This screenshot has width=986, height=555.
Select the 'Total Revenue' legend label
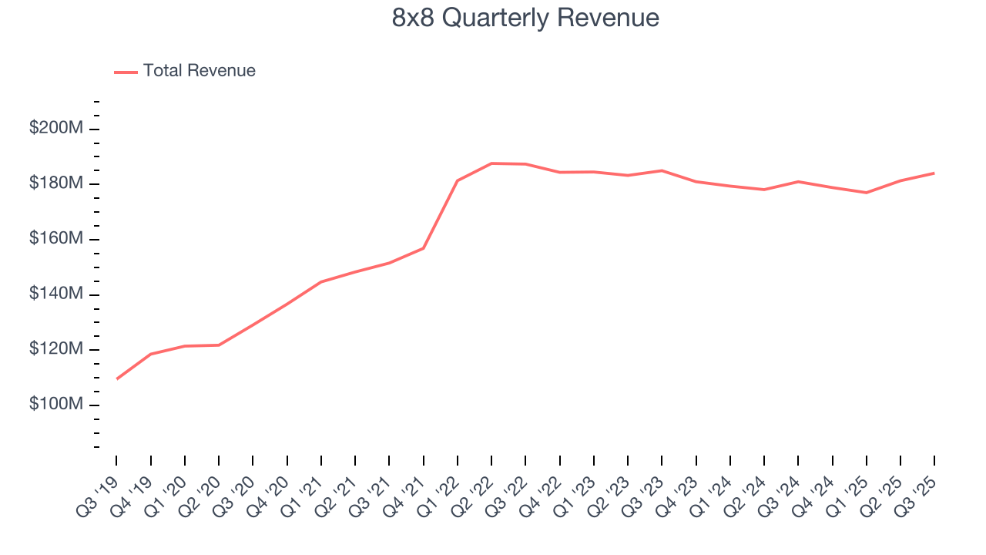point(199,71)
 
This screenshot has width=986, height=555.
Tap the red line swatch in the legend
point(126,72)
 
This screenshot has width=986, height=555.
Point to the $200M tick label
point(55,129)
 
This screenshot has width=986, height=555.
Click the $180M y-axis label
point(55,184)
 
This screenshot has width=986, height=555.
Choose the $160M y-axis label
point(55,240)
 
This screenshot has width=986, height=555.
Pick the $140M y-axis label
point(55,294)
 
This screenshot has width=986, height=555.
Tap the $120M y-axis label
point(55,350)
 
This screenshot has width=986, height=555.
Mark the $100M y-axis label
point(55,405)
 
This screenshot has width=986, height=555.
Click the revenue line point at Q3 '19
point(117,378)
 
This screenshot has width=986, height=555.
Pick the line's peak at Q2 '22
point(491,163)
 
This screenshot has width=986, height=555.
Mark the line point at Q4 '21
point(424,248)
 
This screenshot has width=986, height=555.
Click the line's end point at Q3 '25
point(934,173)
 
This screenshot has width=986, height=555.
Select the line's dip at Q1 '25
point(866,193)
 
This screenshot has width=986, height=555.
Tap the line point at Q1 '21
point(321,282)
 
